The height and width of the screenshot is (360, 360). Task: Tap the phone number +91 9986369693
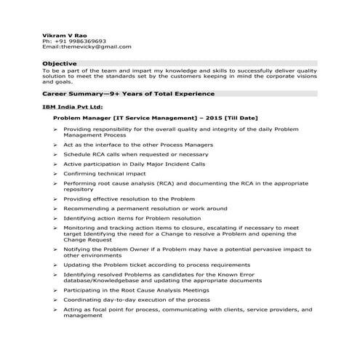(x=79, y=41)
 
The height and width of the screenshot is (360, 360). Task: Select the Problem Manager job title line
(x=156, y=117)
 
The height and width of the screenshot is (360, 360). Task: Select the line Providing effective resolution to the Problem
(x=129, y=199)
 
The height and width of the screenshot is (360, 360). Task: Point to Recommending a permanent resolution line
(x=135, y=208)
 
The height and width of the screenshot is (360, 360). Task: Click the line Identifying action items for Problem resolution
(x=132, y=217)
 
